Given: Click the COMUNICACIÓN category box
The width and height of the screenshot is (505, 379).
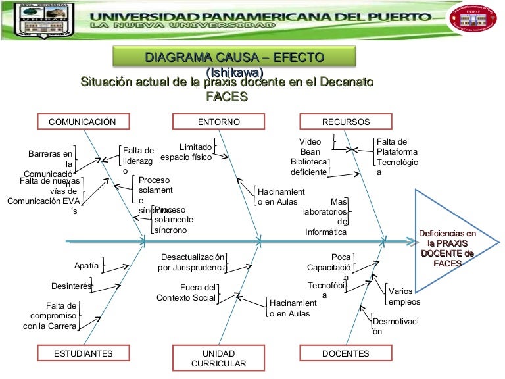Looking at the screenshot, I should pyautogui.click(x=82, y=122).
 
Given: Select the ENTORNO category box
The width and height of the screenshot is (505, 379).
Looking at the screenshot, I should pyautogui.click(x=219, y=122).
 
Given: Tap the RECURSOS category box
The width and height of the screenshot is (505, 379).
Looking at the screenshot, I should pyautogui.click(x=345, y=122).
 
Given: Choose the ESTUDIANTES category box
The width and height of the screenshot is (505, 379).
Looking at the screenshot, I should pyautogui.click(x=83, y=353).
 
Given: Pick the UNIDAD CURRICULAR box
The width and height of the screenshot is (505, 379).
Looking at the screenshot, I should pyautogui.click(x=218, y=358).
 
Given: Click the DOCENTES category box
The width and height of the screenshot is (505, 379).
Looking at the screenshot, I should pyautogui.click(x=345, y=353).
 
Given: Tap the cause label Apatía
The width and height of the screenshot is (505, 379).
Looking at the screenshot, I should pyautogui.click(x=86, y=266).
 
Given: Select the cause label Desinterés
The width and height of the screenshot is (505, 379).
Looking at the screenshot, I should pyautogui.click(x=71, y=286).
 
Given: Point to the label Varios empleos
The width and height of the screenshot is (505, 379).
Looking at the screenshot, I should pyautogui.click(x=404, y=296).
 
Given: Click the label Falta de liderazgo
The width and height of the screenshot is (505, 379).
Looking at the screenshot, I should pyautogui.click(x=137, y=161).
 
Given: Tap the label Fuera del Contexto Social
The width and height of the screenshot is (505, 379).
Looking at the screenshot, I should pyautogui.click(x=187, y=292).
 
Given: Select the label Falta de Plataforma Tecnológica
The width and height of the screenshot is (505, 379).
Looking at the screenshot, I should pyautogui.click(x=396, y=157).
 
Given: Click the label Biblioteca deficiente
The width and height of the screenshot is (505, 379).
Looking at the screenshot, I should pyautogui.click(x=308, y=166).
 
